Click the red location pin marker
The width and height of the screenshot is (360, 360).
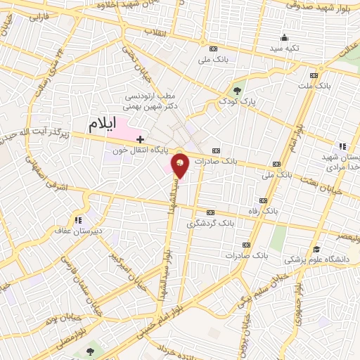[x=181, y=165]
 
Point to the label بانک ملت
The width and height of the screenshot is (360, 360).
[x=314, y=85]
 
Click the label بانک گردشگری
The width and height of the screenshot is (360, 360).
[x=210, y=223]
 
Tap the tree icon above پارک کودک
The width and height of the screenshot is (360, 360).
[x=237, y=90]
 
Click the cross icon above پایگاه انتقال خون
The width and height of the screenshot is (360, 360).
[x=141, y=139]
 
